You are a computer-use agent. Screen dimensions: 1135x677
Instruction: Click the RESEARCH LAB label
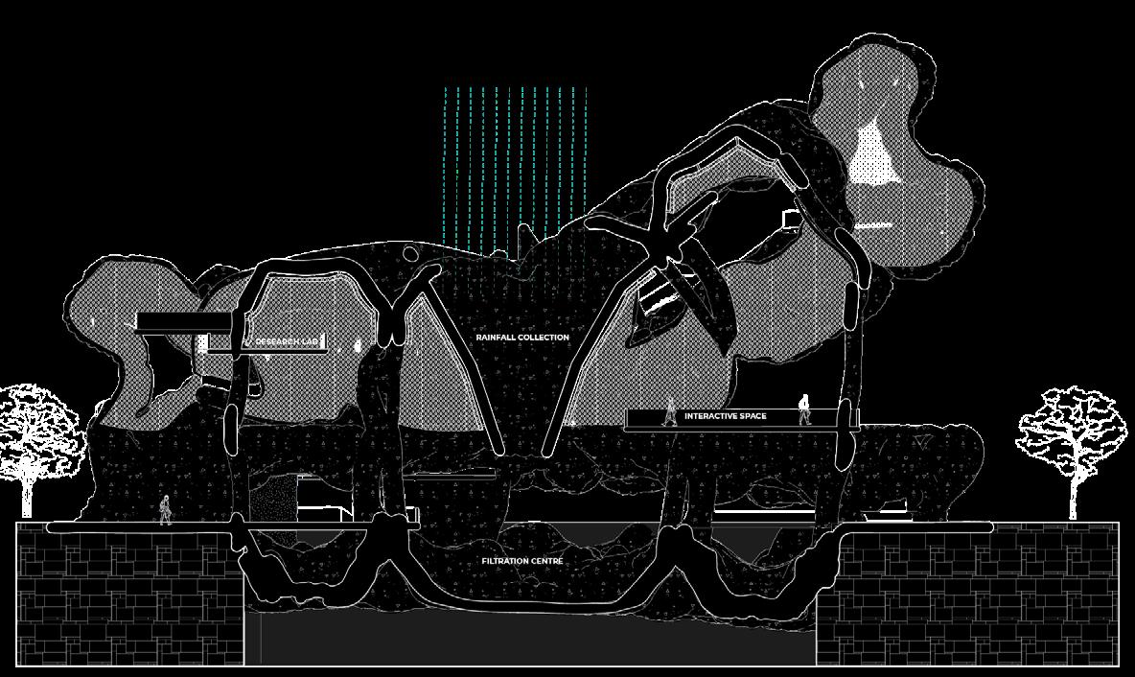point(285,341)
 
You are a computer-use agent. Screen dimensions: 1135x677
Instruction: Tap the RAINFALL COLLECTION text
point(522,338)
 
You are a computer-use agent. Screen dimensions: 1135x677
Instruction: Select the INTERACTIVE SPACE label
point(725,416)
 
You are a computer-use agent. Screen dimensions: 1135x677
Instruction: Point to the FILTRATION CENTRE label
point(522,561)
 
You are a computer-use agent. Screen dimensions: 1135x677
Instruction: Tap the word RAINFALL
point(497,338)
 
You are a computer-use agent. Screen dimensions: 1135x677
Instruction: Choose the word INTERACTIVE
point(707,416)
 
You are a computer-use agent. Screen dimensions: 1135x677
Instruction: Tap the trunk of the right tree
point(1073,499)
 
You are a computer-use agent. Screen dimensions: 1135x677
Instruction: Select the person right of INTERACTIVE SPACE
point(803,409)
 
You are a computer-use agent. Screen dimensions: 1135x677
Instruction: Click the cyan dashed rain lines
point(515,163)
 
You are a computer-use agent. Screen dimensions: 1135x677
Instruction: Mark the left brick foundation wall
point(129,595)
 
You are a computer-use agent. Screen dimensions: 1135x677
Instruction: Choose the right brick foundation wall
point(966,595)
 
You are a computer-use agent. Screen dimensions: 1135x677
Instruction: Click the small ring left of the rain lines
point(411,254)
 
